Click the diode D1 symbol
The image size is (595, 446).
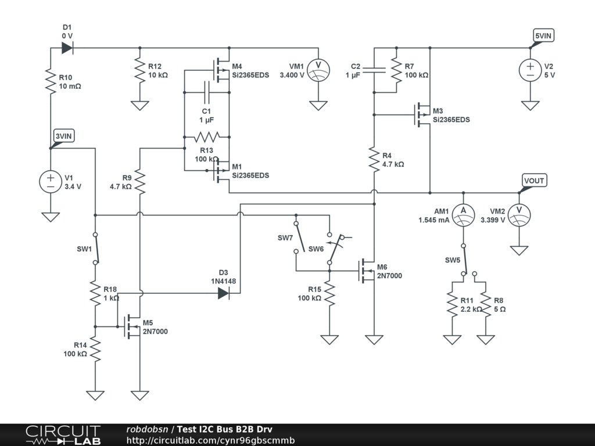point(67,48)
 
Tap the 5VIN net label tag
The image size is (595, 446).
point(544,36)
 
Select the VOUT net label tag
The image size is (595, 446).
point(533,181)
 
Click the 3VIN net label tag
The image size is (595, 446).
point(63,136)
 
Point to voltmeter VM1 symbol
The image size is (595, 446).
point(318,71)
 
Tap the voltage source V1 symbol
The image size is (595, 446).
point(51,182)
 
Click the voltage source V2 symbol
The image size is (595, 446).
point(530,71)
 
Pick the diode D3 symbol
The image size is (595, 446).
point(224,294)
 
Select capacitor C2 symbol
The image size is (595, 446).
point(374,71)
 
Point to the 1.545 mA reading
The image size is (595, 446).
point(433,220)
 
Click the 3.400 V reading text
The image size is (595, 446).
point(292,75)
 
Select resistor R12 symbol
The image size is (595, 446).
point(139,71)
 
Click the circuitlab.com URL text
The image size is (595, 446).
point(210,440)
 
